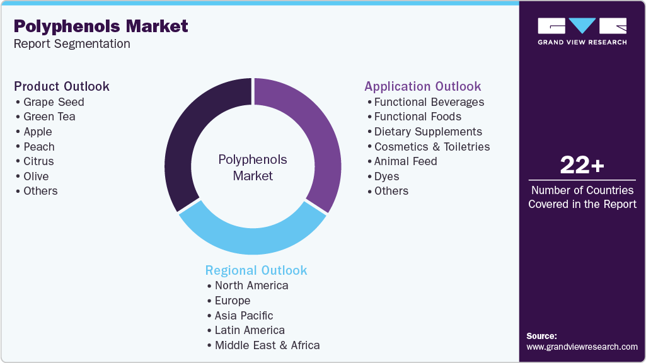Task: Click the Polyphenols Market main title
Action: pos(101,26)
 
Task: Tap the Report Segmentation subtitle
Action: pos(72,43)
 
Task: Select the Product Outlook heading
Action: pos(62,86)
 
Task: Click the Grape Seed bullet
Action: pos(54,102)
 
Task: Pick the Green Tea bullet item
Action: pos(49,117)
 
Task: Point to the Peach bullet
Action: pos(39,147)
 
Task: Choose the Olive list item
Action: pos(36,176)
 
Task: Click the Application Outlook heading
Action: pos(422,86)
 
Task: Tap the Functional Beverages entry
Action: pos(429,102)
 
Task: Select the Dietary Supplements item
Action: pos(428,132)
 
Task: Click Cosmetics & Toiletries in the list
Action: pos(432,147)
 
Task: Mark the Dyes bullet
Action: pos(386,176)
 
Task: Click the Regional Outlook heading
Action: pos(256,270)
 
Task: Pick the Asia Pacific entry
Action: pos(244,315)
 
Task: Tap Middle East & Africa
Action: pos(267,345)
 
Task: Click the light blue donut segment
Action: pos(252,239)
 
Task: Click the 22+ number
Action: pos(582,166)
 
